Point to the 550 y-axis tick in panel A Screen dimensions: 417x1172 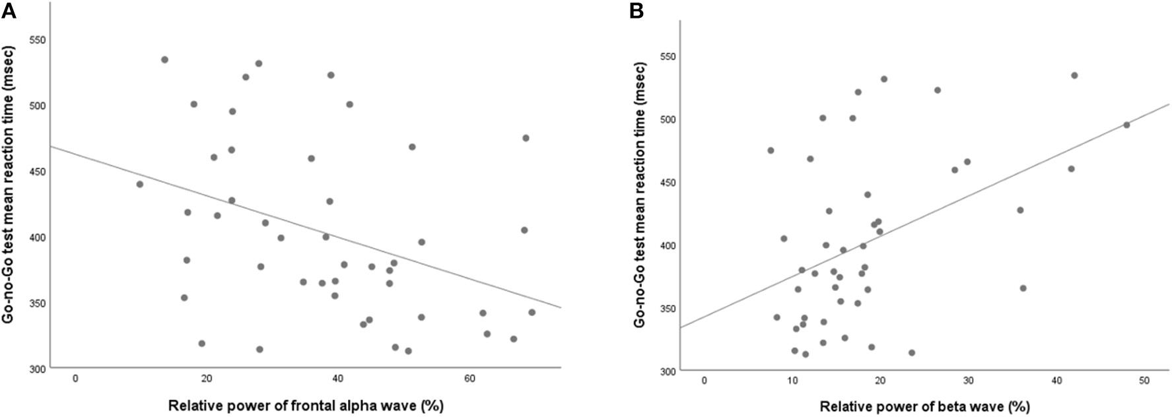point(37,40)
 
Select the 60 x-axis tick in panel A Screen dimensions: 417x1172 point(469,379)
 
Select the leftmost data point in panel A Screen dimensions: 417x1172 point(139,184)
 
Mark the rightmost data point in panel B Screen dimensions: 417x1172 point(1126,125)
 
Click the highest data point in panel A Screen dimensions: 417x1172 point(164,59)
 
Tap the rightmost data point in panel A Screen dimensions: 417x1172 point(532,312)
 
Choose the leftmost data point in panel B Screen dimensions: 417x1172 point(771,150)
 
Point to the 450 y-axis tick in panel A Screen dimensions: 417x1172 point(37,172)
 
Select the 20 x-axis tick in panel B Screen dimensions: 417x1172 point(880,381)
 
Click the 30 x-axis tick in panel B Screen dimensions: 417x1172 point(968,381)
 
